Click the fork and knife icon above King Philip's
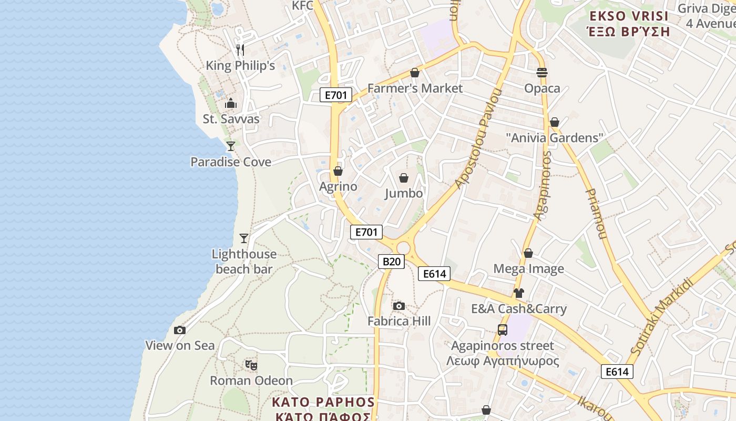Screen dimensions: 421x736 click(x=240, y=50)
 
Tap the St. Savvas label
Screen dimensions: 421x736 click(x=231, y=119)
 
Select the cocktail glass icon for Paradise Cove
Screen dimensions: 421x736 click(x=230, y=146)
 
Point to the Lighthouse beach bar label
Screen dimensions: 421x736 click(x=244, y=262)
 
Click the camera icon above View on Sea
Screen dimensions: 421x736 click(x=180, y=330)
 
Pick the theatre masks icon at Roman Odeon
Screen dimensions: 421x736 click(x=251, y=364)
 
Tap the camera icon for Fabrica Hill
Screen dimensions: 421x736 click(x=399, y=306)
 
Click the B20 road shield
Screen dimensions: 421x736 click(x=392, y=262)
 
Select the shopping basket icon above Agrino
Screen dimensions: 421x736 click(x=338, y=171)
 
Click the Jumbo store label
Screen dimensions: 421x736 click(x=404, y=193)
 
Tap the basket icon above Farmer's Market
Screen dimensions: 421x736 click(x=415, y=73)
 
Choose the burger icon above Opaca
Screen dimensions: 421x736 click(x=542, y=72)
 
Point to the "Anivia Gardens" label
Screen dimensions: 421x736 click(x=554, y=138)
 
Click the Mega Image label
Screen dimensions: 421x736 click(x=528, y=269)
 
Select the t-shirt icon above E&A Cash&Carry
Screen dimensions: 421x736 click(x=519, y=293)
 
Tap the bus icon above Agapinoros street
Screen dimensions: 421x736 click(x=503, y=330)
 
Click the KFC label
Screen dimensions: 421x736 click(x=302, y=5)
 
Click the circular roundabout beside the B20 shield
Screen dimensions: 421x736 click(x=403, y=248)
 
